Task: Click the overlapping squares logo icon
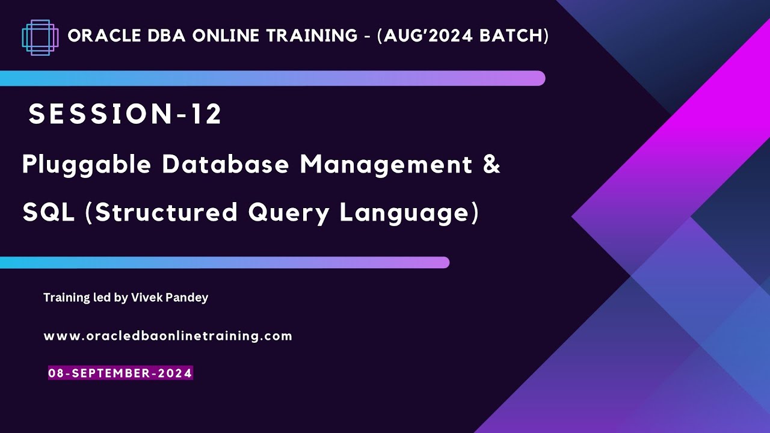click(x=40, y=37)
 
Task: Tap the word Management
click(x=386, y=164)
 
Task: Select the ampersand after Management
click(x=491, y=164)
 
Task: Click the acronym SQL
click(x=49, y=212)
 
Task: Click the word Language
click(x=405, y=213)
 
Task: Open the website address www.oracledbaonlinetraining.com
click(x=168, y=336)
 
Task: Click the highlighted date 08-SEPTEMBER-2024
click(x=120, y=373)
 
